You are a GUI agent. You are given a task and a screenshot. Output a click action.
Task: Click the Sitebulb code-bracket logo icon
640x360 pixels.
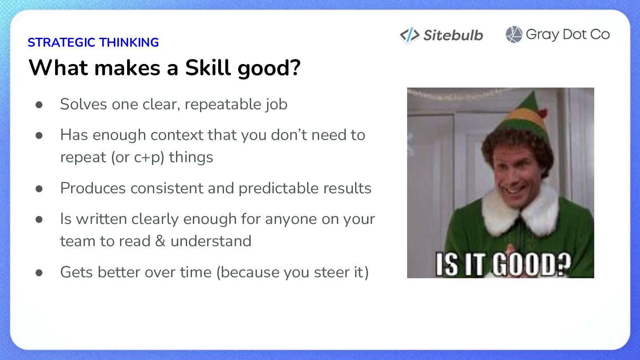(x=410, y=35)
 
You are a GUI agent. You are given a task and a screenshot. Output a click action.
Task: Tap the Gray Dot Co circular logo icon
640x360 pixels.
(x=514, y=35)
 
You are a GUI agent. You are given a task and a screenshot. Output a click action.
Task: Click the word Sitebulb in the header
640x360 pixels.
(x=453, y=36)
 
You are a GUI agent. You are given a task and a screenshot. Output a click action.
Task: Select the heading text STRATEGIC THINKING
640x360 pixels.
(x=93, y=43)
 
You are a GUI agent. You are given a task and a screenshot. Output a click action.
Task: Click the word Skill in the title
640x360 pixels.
(x=208, y=68)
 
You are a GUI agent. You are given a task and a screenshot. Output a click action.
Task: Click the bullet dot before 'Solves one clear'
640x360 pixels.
(x=39, y=104)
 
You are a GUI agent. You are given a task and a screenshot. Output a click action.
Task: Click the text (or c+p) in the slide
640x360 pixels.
(x=138, y=158)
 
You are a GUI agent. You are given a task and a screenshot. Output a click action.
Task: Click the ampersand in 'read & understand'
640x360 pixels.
(x=160, y=241)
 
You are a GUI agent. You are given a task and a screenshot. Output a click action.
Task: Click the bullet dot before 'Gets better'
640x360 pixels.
(x=39, y=272)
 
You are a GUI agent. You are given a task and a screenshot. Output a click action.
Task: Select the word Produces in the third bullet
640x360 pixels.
(x=93, y=188)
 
